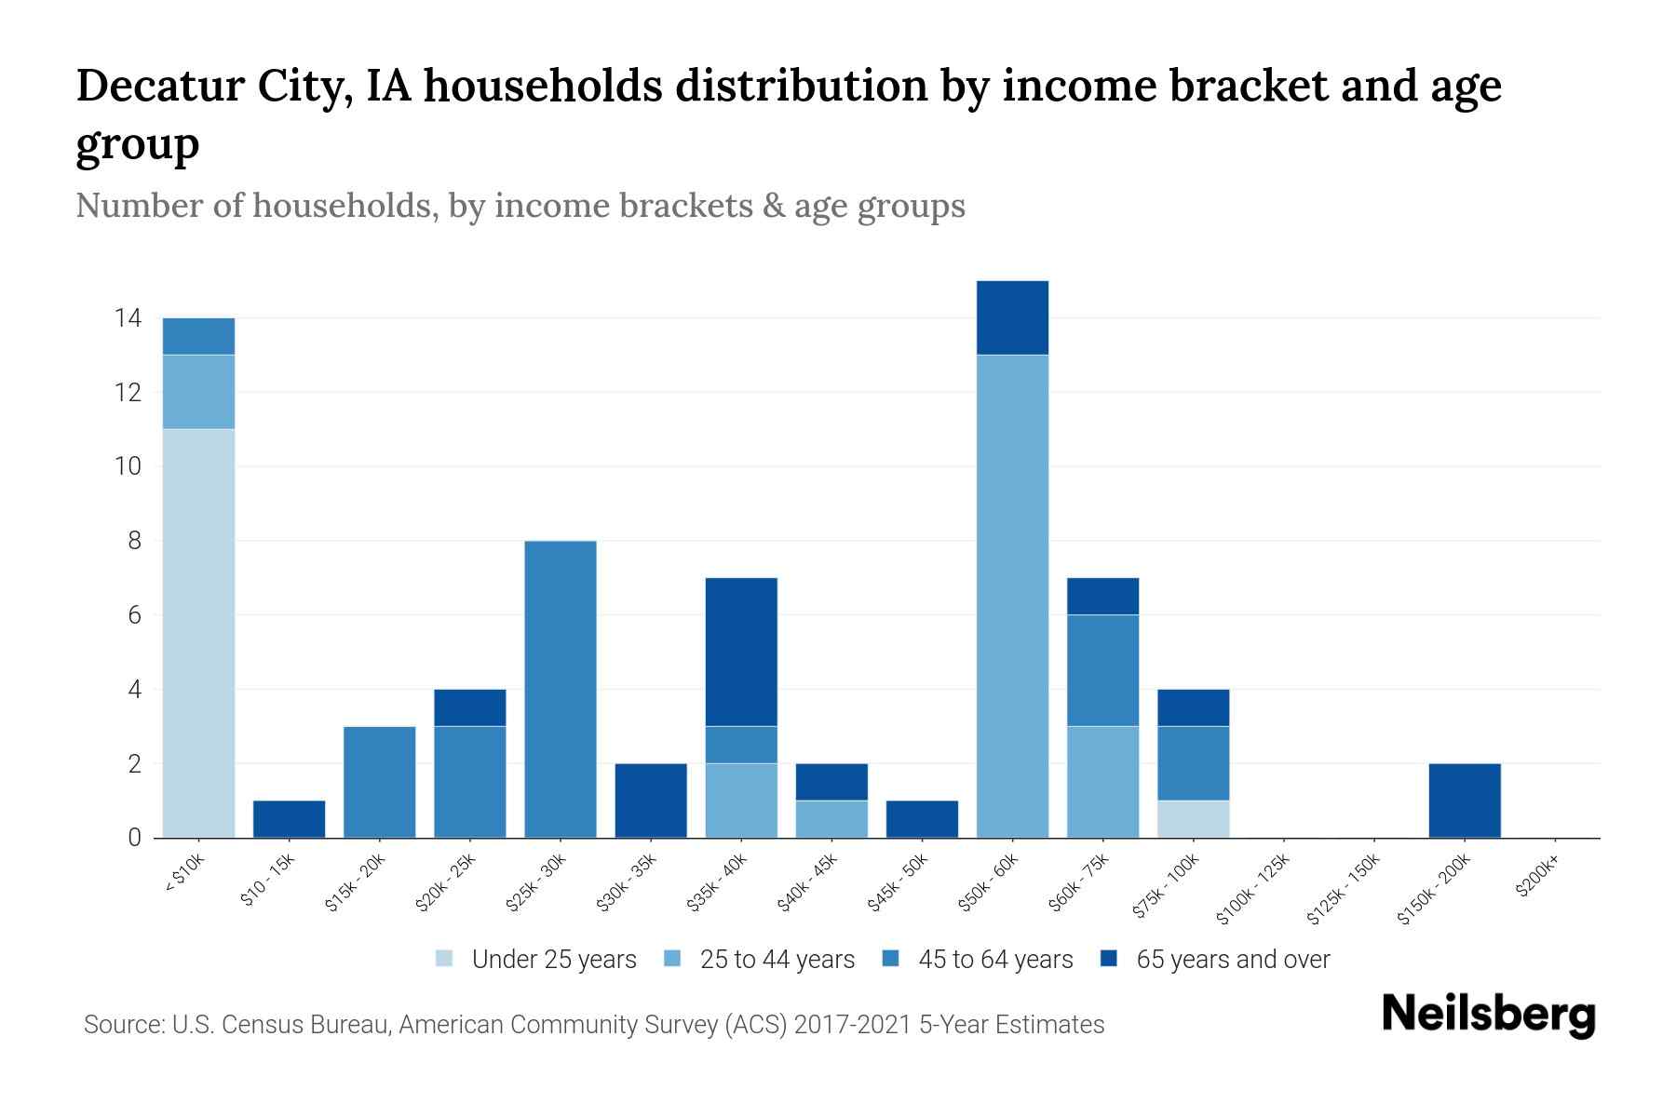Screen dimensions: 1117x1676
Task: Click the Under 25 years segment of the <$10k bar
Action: [198, 633]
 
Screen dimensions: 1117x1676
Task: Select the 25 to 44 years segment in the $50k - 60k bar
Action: [1012, 596]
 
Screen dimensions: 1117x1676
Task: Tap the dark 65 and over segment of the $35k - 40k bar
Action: [741, 652]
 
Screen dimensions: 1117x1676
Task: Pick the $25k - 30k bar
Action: [561, 689]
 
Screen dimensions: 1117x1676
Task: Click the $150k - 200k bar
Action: [1465, 801]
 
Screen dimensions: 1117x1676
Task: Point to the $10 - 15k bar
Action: [289, 819]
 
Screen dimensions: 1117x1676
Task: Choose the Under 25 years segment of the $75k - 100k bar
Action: [1193, 819]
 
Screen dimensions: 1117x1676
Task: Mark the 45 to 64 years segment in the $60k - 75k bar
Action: [1102, 670]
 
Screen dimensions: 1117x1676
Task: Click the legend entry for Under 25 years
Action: [536, 960]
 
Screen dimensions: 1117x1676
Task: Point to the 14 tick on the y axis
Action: [128, 318]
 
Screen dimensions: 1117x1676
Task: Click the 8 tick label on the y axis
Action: [134, 541]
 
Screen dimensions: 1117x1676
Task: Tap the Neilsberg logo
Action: [1488, 1015]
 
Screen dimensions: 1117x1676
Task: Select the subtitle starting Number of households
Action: [520, 206]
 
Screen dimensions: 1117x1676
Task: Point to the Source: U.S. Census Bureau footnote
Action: [594, 1025]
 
